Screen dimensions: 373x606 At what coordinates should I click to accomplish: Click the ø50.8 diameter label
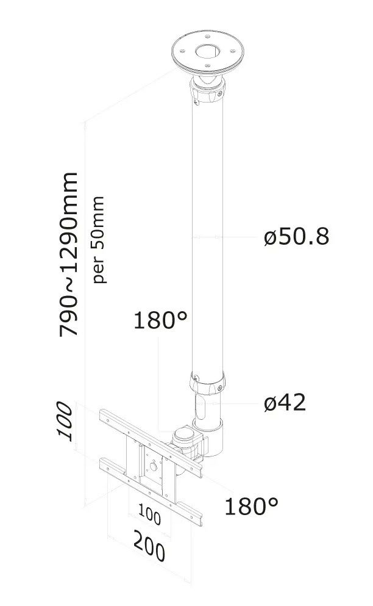coord(297,237)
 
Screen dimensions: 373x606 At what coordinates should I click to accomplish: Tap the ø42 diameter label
coord(285,402)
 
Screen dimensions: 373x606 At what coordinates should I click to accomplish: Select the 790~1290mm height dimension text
coord(69,254)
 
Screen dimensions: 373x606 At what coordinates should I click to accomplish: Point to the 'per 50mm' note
coord(99,240)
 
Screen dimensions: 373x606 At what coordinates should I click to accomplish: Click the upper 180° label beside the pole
coord(160,320)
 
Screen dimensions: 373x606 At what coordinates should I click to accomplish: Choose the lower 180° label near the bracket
coord(251,506)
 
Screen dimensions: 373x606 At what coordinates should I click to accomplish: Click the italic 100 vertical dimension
coord(65,421)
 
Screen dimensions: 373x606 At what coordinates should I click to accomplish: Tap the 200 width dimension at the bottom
coord(149,546)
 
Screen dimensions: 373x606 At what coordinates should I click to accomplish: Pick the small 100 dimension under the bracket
coord(149,515)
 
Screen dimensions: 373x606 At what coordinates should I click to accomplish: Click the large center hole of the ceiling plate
coord(208,51)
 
